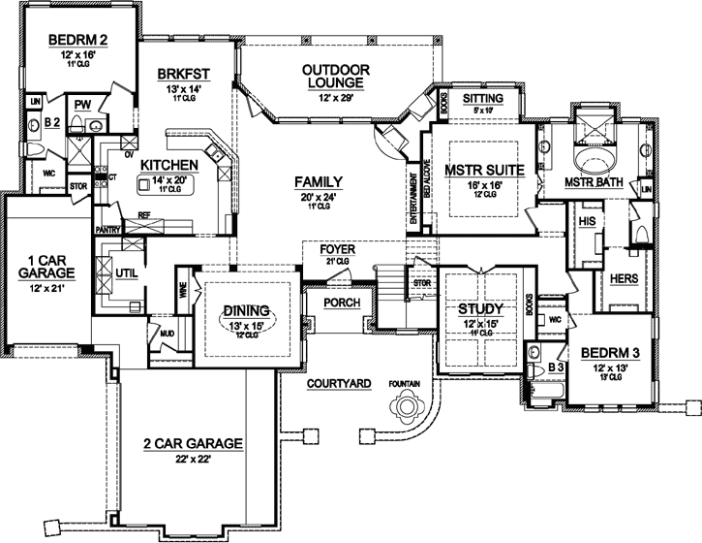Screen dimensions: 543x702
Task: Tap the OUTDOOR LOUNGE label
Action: click(336, 77)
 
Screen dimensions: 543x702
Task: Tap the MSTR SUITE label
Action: click(484, 169)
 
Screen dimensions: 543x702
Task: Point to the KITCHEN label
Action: click(169, 165)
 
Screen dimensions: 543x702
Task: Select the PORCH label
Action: click(343, 303)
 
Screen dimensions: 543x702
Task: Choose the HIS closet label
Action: click(585, 221)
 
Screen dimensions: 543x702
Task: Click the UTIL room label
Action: click(127, 273)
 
